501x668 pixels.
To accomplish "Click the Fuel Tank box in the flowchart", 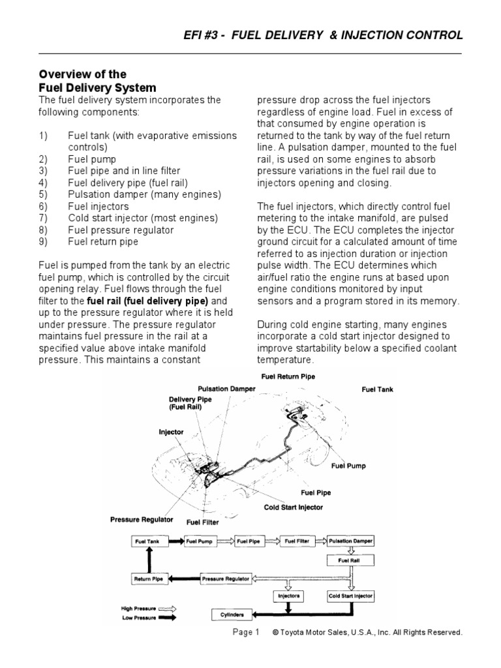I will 143,541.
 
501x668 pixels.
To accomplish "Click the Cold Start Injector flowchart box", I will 352,596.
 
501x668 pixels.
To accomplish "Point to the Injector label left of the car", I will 172,432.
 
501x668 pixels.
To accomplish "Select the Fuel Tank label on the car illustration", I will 378,389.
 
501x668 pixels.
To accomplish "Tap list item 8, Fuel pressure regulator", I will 121,230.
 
